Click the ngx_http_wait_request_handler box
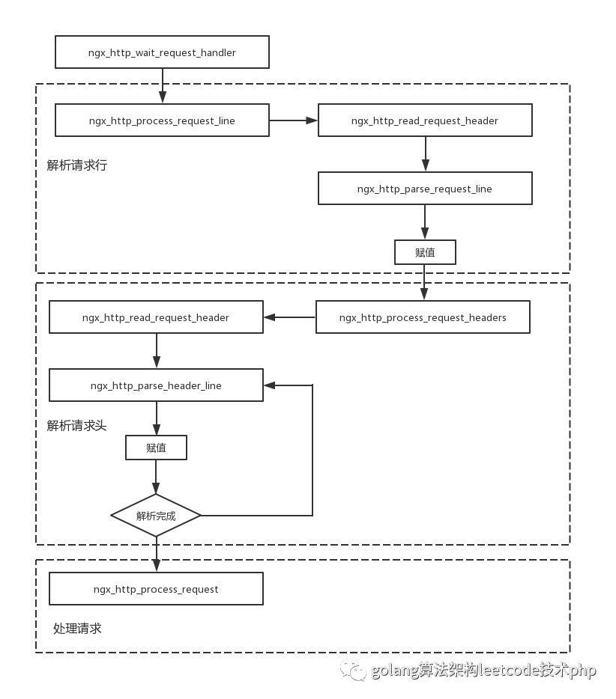pyautogui.click(x=162, y=52)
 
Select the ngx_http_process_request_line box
pyautogui.click(x=162, y=120)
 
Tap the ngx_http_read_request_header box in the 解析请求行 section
pyautogui.click(x=425, y=120)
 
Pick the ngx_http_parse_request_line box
pyautogui.click(x=425, y=188)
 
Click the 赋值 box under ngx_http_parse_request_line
pyautogui.click(x=425, y=252)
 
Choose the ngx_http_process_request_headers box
pyautogui.click(x=423, y=317)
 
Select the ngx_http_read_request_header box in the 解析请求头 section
pyautogui.click(x=156, y=317)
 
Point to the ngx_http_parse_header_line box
pyautogui.click(x=156, y=385)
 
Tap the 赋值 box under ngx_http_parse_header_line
pyautogui.click(x=156, y=448)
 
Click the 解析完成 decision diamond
pyautogui.click(x=156, y=516)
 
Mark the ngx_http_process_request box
pyautogui.click(x=156, y=589)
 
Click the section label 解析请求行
pyautogui.click(x=76, y=165)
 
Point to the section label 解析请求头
pyautogui.click(x=76, y=426)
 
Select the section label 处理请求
pyautogui.click(x=77, y=629)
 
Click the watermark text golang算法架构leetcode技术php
pyautogui.click(x=483, y=670)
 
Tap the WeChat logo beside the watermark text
pyautogui.click(x=353, y=671)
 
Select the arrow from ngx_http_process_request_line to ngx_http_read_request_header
pyautogui.click(x=293, y=120)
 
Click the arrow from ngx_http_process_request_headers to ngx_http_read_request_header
pyautogui.click(x=290, y=317)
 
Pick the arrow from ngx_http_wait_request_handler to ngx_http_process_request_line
pyautogui.click(x=163, y=86)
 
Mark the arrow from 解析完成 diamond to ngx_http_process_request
pyautogui.click(x=156, y=554)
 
